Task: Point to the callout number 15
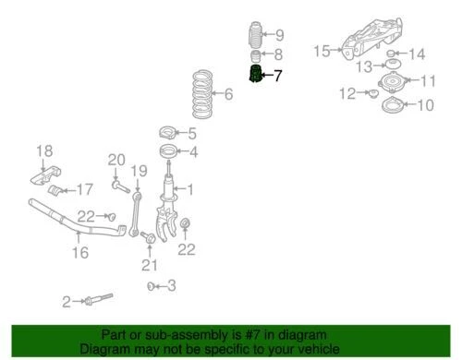coord(320,50)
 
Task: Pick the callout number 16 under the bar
coord(80,252)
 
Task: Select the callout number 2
coord(67,301)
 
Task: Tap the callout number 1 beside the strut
coord(190,191)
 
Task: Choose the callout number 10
coord(425,105)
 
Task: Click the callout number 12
coord(346,92)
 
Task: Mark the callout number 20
coord(115,161)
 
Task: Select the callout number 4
coord(193,152)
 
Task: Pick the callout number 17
coord(84,190)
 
